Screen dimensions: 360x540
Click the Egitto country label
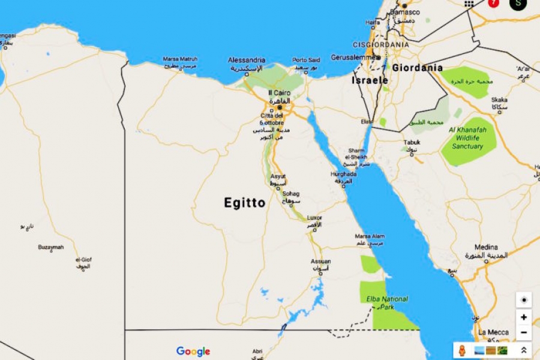[x=245, y=203]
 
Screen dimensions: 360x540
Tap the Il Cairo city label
[x=278, y=92]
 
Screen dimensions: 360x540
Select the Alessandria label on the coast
[x=247, y=60]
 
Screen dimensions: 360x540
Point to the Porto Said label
[x=306, y=60]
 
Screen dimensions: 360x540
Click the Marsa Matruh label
[x=180, y=59]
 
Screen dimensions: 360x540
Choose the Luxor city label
[x=314, y=217]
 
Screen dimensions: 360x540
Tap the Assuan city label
[x=320, y=261]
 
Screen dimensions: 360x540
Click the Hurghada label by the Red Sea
[x=343, y=174]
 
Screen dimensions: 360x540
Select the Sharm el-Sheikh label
[x=357, y=154]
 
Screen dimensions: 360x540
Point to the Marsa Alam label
[x=370, y=236]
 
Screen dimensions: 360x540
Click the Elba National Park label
[x=387, y=302]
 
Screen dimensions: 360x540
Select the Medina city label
[x=486, y=247]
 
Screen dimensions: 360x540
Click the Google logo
[x=193, y=351]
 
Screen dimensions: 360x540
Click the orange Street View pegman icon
[x=461, y=350]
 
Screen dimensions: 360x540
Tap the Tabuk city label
[x=412, y=142]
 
